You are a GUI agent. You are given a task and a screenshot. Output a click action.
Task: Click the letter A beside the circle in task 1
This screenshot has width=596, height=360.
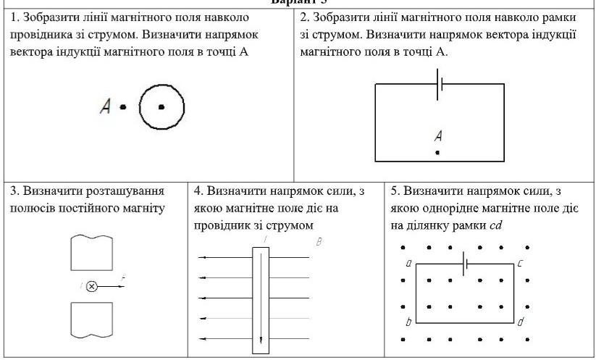coord(106,107)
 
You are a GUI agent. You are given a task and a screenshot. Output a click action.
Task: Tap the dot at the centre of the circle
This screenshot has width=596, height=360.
coord(161,106)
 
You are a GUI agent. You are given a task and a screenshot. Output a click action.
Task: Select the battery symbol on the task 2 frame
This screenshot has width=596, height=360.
coord(439,85)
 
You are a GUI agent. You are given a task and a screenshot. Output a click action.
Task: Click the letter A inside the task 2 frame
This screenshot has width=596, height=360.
coord(437,135)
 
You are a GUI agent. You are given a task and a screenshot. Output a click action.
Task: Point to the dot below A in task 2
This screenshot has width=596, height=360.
coord(437,153)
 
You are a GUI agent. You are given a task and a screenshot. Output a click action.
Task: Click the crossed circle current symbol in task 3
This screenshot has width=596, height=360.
coord(92,286)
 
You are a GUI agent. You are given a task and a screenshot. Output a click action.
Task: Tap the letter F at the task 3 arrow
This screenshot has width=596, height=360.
coord(123,279)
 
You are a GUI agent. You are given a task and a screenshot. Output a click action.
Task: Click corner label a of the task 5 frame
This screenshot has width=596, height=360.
coord(408,264)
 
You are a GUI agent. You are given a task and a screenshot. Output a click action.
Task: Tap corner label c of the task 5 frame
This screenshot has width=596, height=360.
coord(520,264)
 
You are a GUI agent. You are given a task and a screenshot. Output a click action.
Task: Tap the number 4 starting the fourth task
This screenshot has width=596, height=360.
coord(198,191)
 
